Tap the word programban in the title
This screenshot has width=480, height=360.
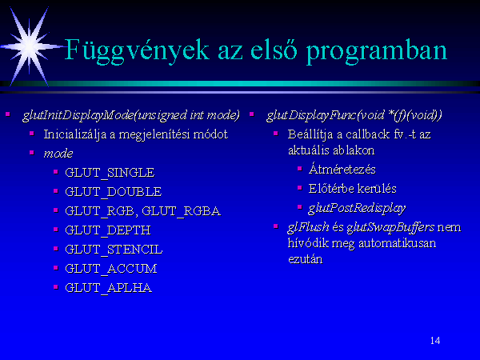pos(377,52)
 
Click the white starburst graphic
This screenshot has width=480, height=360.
pos(30,46)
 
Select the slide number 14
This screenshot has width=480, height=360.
pos(435,341)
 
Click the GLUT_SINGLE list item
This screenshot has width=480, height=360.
pos(110,173)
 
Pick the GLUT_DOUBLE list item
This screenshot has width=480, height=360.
pos(114,192)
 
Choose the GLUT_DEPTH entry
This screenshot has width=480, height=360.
pos(108,230)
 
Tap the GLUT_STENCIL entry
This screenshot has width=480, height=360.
pos(114,250)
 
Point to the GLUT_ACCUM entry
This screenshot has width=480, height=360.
pos(111,269)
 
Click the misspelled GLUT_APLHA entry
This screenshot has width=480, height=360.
pos(108,288)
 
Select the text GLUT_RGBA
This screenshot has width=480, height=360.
pos(181,211)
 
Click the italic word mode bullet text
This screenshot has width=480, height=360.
pos(58,154)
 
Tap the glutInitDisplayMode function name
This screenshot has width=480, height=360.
pos(78,115)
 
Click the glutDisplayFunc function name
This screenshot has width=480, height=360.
pos(311,115)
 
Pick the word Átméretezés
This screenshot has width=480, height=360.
pos(342,170)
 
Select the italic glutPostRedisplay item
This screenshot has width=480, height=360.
pos(357,209)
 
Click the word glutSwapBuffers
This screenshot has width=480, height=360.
pos(390,227)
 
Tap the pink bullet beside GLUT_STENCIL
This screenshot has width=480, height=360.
pos(56,249)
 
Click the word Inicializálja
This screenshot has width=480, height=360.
pos(75,134)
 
